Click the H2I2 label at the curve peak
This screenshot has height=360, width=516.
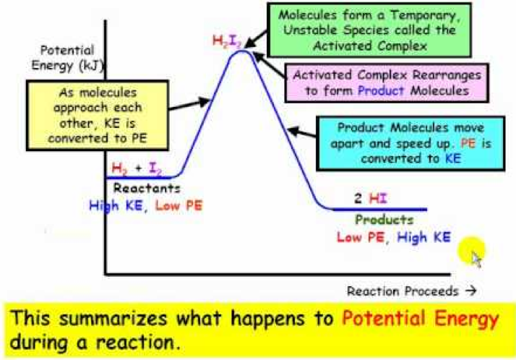pos(226,41)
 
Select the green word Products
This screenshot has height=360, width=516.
pos(384,219)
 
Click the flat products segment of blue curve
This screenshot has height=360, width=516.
pos(376,210)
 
